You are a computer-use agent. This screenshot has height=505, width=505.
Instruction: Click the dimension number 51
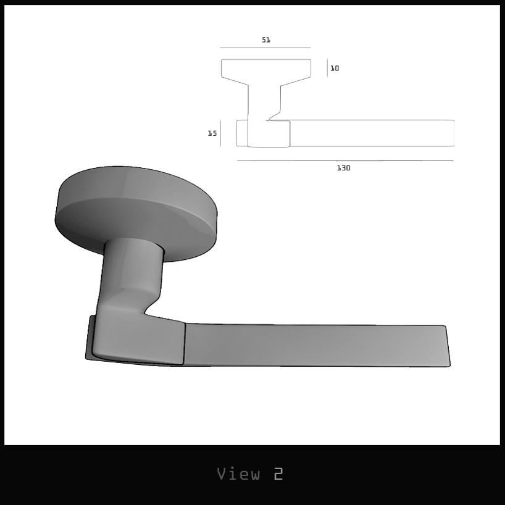[266, 40]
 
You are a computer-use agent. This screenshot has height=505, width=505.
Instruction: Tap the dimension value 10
[335, 69]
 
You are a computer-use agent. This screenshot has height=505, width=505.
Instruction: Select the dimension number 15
[212, 133]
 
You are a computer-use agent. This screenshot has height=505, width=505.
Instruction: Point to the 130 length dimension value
[343, 168]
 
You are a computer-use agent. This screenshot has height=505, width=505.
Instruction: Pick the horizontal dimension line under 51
[265, 48]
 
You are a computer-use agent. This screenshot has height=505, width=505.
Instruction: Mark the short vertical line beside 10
[327, 68]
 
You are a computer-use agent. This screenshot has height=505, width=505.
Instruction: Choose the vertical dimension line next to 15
[221, 133]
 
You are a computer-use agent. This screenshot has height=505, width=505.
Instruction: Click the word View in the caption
[238, 474]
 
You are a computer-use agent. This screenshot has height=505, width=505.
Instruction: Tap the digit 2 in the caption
[278, 474]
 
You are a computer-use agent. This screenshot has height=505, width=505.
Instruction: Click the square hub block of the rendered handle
[139, 340]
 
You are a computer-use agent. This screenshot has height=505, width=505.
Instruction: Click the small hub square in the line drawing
[269, 134]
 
